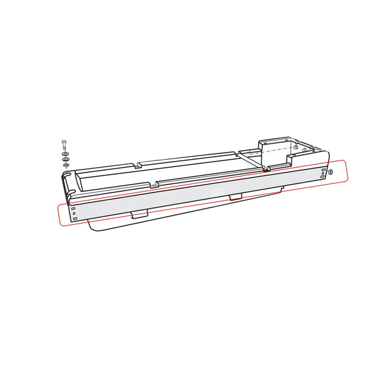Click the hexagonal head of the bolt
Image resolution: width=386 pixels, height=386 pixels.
pos(64,142)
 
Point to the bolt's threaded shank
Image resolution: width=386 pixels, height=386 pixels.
pos(64,149)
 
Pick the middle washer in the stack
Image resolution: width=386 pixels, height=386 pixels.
pos(65,160)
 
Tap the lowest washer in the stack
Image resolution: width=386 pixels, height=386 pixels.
pos(66,165)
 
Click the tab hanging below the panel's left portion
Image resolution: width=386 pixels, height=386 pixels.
pos(139,214)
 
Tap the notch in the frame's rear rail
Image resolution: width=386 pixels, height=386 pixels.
pos(139,164)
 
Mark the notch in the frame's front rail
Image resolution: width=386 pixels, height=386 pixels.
pos(157,183)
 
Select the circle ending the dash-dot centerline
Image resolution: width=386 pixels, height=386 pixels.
pos(297,147)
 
